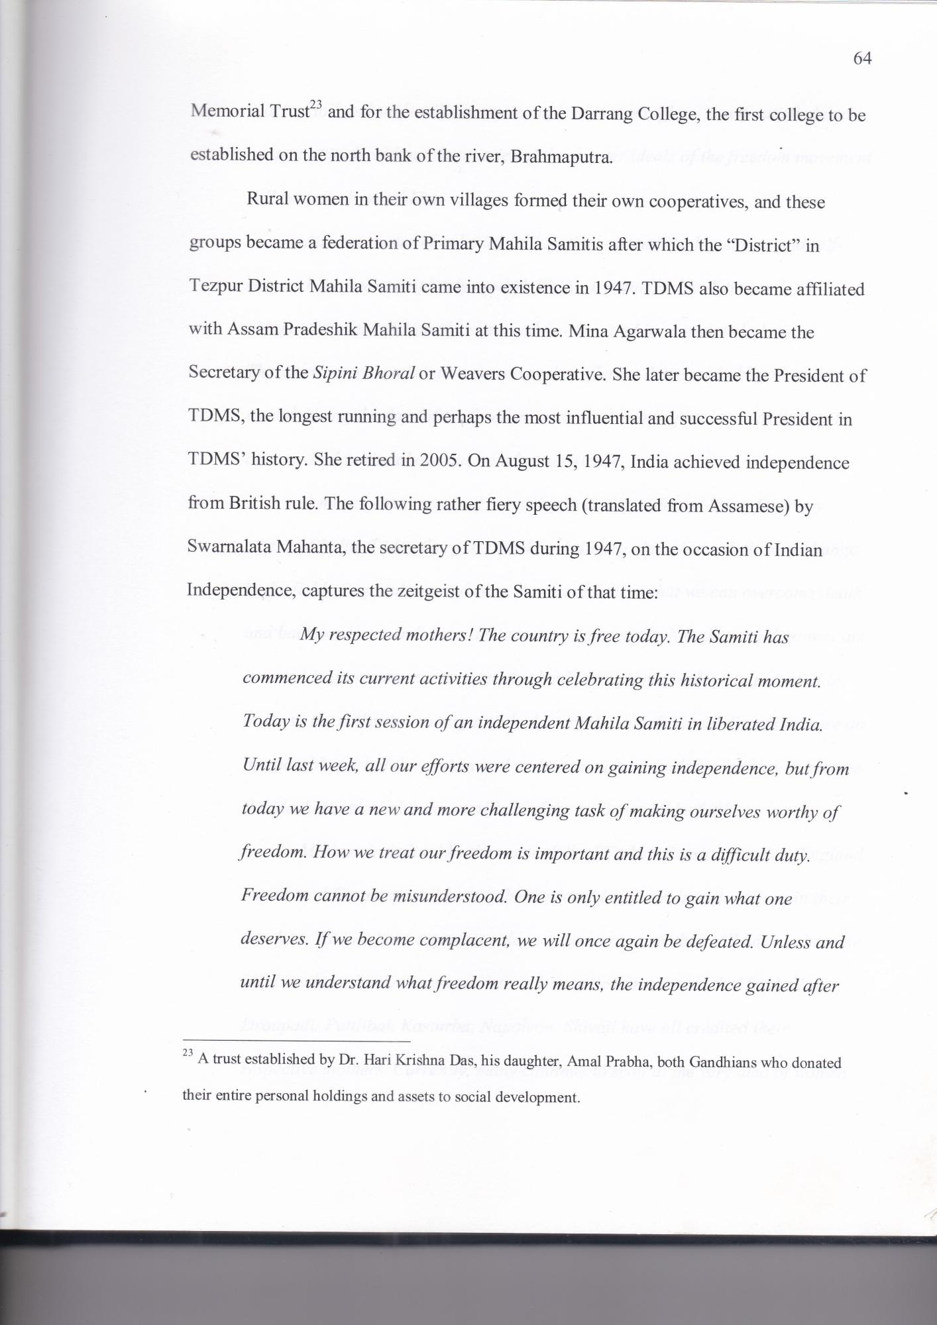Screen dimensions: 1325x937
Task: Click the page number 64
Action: point(861,59)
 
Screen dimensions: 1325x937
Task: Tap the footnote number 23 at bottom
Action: point(187,1054)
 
